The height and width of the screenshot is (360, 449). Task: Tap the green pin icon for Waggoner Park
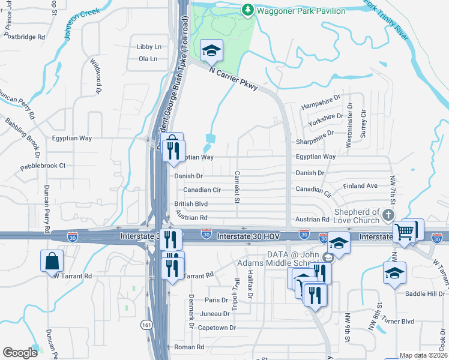[247, 10]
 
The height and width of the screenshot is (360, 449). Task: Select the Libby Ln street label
[149, 46]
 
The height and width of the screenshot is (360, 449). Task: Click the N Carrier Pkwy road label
[234, 78]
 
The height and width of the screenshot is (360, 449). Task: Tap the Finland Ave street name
[360, 186]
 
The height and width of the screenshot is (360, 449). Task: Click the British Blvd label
[191, 204]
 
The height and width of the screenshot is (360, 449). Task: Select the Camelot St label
[237, 187]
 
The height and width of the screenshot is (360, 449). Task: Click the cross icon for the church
[389, 215]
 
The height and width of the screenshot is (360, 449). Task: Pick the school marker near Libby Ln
[211, 51]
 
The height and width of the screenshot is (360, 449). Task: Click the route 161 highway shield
[146, 325]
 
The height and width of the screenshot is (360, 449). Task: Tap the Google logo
[20, 353]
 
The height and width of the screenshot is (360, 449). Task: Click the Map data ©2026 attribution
[423, 355]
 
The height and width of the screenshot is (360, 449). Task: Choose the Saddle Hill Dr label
[425, 293]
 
